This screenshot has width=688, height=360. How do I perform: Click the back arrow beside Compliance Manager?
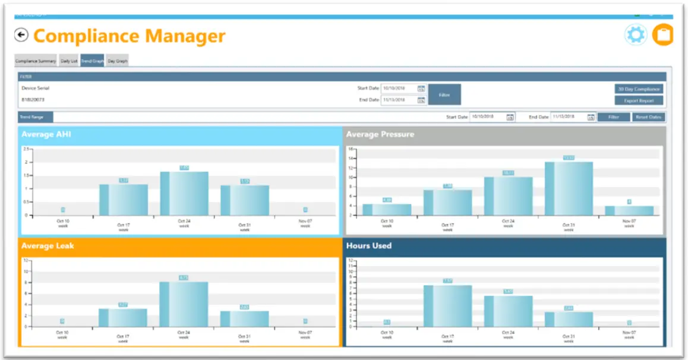click(21, 36)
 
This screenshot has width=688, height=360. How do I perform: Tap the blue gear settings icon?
click(636, 35)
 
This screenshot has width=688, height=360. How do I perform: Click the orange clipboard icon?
click(662, 35)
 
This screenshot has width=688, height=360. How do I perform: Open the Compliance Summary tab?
click(36, 61)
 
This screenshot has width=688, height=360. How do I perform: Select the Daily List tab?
click(69, 61)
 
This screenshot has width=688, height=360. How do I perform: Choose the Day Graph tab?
click(117, 61)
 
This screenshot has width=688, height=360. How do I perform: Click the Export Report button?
click(639, 100)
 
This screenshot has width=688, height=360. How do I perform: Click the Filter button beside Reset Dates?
click(614, 117)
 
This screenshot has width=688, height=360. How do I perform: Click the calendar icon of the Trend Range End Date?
click(591, 117)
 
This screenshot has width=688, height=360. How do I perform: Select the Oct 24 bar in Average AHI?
click(184, 194)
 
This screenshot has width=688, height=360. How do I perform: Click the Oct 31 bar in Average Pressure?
click(569, 188)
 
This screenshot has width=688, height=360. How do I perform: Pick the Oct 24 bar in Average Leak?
click(184, 304)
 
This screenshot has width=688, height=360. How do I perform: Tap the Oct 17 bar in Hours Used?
click(447, 305)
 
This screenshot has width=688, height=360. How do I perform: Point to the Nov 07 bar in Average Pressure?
click(629, 210)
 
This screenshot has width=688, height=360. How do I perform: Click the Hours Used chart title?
click(369, 245)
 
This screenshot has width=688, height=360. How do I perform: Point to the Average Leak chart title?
click(48, 245)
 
